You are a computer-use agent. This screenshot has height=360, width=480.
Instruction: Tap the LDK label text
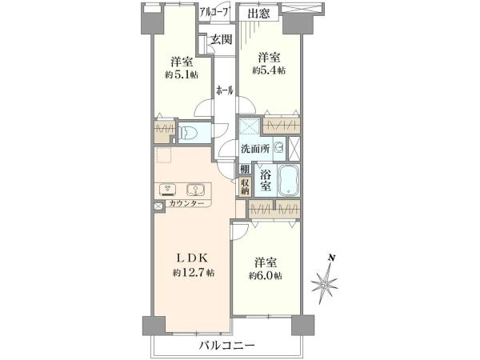193,258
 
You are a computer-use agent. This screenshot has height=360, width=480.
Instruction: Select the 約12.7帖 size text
193,273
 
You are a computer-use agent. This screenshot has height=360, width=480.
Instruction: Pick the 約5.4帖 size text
269,70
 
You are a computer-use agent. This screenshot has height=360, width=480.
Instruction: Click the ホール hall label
224,91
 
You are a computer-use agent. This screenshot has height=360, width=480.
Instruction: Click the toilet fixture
189,134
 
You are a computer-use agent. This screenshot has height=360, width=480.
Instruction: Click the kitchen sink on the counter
194,190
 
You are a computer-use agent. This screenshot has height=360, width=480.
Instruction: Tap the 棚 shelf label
243,168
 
